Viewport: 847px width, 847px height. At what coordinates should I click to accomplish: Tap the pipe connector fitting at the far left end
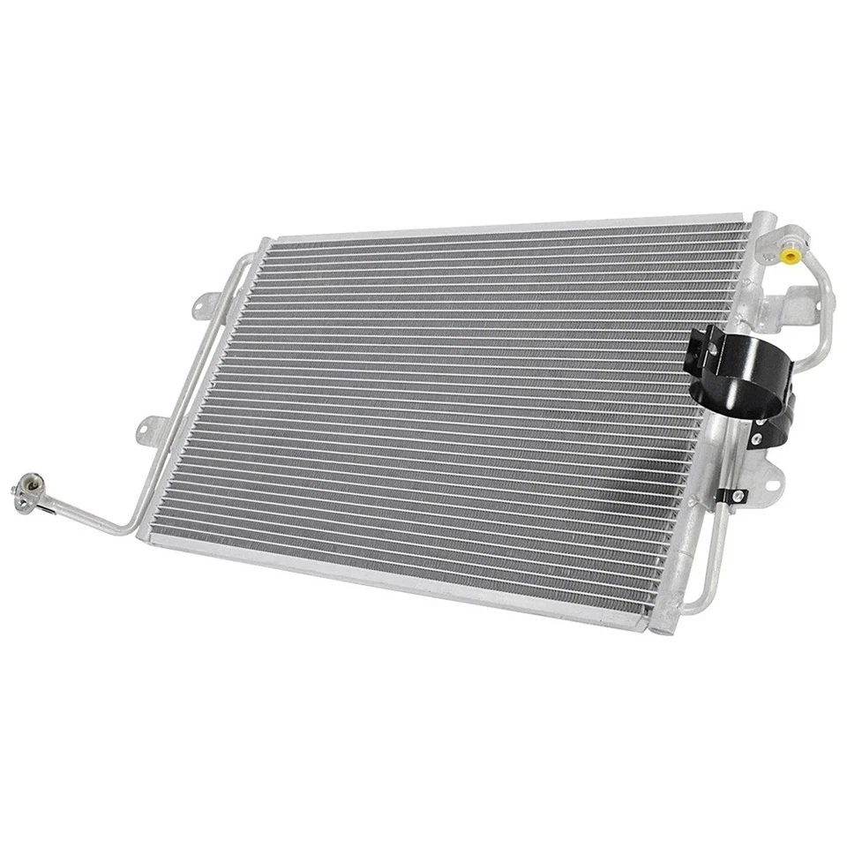point(24,491)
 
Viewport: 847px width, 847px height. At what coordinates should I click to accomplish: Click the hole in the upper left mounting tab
point(203,305)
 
